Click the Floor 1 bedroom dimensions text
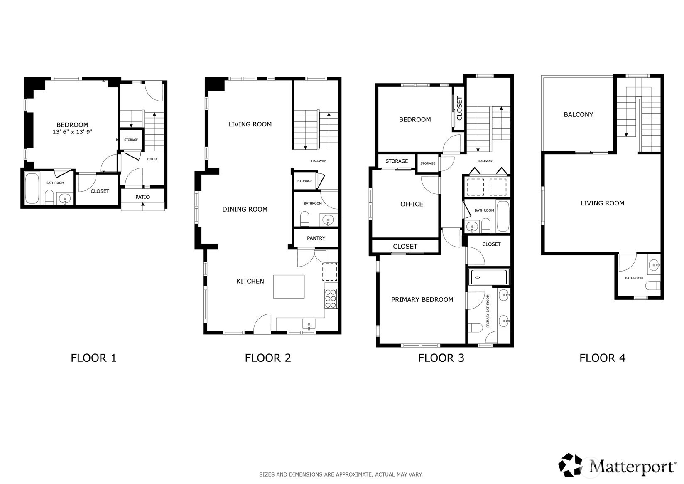[x=72, y=132]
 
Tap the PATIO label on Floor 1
[x=142, y=197]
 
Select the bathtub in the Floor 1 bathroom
[x=32, y=189]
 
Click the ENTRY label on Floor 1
[x=152, y=159]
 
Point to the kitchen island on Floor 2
[x=289, y=286]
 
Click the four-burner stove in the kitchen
[x=331, y=299]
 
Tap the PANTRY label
[x=316, y=238]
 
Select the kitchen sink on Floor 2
[x=309, y=324]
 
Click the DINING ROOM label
[x=245, y=210]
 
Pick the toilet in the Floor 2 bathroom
[x=305, y=219]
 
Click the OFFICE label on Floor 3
[x=412, y=204]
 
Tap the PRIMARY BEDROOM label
[x=422, y=300]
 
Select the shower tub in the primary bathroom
[x=488, y=277]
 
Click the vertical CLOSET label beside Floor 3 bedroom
[x=459, y=108]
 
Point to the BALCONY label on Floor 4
[x=579, y=115]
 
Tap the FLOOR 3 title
[x=441, y=358]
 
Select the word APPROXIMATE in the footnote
[x=353, y=474]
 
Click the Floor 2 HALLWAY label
[x=318, y=161]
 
